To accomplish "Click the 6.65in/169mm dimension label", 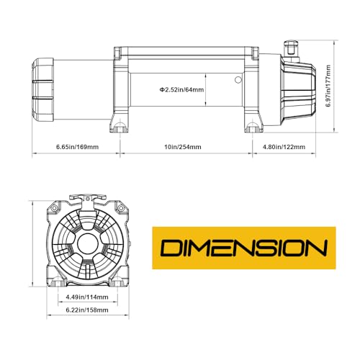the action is click(77, 147).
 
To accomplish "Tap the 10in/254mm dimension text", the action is click(183, 147).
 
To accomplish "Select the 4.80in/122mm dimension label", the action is click(284, 147).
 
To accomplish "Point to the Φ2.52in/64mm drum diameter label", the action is click(181, 90).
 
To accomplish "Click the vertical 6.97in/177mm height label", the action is click(328, 86).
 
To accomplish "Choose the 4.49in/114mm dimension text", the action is click(87, 297).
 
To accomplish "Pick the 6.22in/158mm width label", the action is click(87, 310).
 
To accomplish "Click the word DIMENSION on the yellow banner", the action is click(244, 248).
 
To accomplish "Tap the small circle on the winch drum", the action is click(238, 80).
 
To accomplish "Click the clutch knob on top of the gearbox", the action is click(291, 48).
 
